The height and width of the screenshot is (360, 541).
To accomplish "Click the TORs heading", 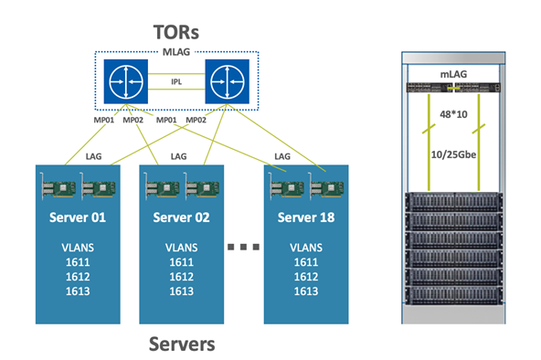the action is pos(176,32).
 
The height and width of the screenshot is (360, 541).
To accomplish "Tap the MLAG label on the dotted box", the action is pos(176,52).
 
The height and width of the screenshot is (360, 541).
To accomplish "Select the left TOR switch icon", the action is pos(126,81).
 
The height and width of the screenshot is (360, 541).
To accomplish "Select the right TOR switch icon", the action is pos(227,81).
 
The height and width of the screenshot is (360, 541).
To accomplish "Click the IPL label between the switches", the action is pos(176,81).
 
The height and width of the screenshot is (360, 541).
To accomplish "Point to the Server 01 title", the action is pos(78,217).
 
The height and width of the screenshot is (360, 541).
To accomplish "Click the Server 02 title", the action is pos(182,217).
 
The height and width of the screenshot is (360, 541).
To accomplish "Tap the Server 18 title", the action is pos(306,217).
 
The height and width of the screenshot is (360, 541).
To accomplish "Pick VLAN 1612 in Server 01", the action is pos(78,277).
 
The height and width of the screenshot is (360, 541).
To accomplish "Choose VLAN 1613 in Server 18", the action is pos(306,291).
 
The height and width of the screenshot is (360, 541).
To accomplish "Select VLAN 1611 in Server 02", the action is pos(182,262).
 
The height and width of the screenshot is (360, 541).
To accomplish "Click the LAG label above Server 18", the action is pos(282,156).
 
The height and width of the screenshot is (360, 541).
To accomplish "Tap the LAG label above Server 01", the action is pos(93,156).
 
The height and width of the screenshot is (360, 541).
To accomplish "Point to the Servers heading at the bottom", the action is pos(182,344).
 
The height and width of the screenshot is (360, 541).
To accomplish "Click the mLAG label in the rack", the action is pos(453,74).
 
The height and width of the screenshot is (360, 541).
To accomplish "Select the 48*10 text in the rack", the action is pos(453,114).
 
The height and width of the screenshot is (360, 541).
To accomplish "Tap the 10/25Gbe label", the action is pos(453,154).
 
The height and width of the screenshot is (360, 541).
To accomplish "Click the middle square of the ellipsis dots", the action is pos(243,247).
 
